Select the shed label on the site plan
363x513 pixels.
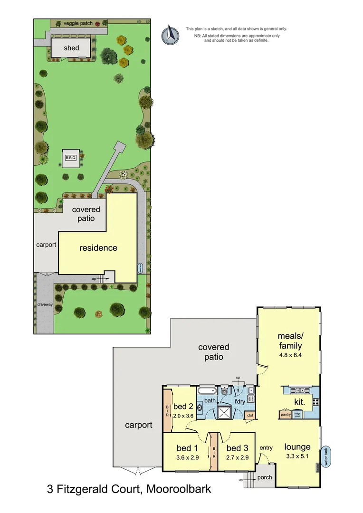click(x=72, y=48)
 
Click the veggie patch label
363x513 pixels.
click(x=77, y=23)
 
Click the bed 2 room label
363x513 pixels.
click(x=182, y=407)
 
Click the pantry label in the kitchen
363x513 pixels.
click(x=286, y=414)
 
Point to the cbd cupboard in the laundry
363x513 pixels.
click(x=250, y=415)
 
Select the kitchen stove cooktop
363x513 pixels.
click(x=315, y=402)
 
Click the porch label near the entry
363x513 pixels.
click(x=265, y=477)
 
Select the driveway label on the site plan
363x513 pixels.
click(x=45, y=304)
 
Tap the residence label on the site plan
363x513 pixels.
click(x=98, y=247)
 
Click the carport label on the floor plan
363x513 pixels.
click(x=138, y=425)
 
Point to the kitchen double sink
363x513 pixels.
click(x=299, y=390)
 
